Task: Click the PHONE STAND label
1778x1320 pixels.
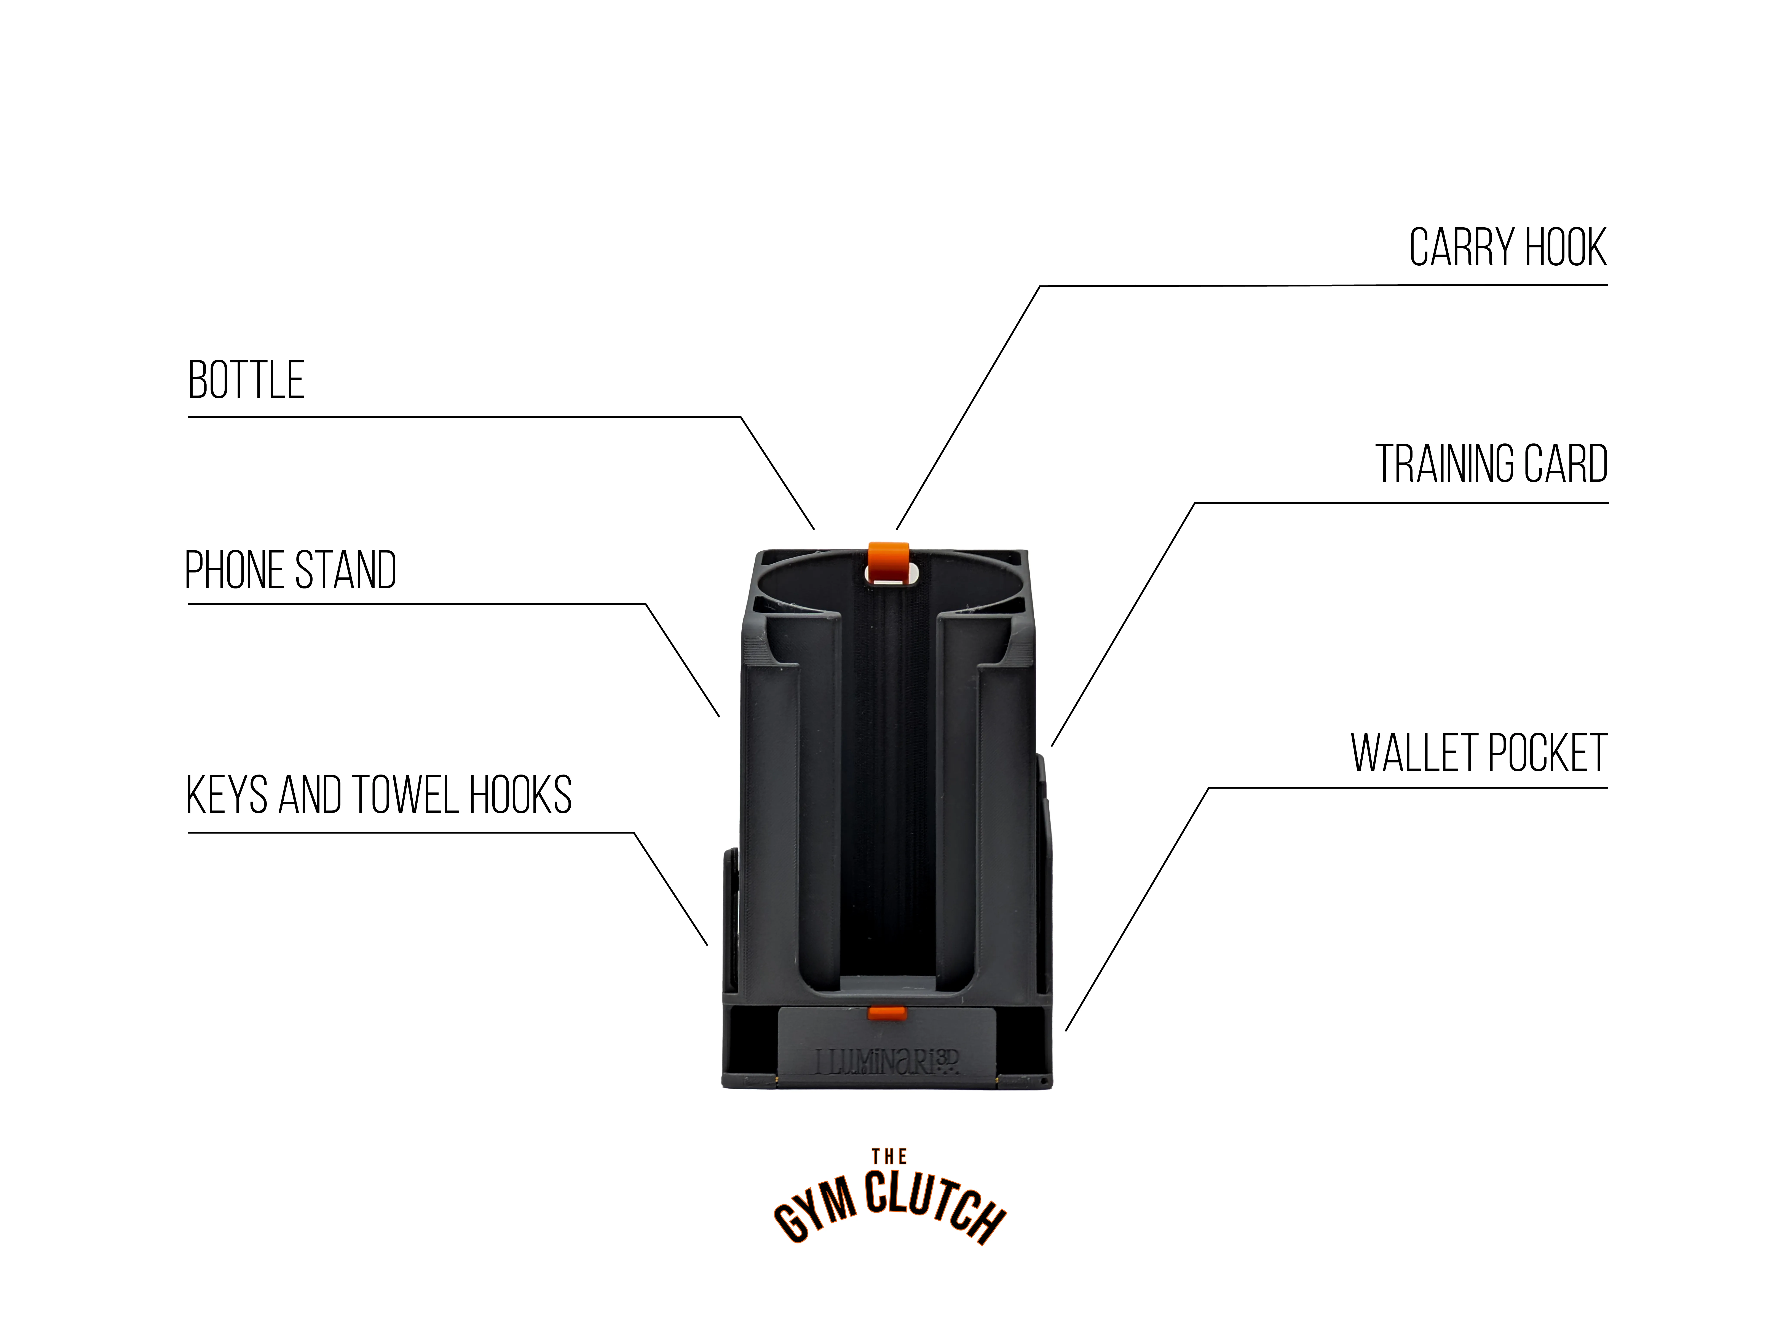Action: click(291, 571)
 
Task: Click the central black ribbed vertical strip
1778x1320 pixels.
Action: click(889, 783)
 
